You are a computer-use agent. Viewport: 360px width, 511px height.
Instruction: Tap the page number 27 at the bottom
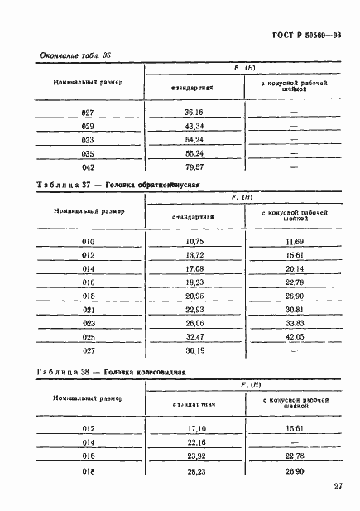(338, 487)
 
